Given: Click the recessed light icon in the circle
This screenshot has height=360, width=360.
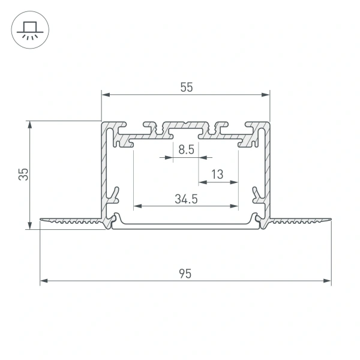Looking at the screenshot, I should pos(29,29).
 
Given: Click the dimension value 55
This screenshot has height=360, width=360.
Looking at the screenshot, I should pos(186,87).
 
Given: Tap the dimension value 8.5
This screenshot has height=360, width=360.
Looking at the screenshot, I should pos(186,150).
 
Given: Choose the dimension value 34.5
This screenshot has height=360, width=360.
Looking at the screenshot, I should pos(186,199).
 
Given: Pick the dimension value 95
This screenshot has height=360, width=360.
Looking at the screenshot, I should pos(185,274).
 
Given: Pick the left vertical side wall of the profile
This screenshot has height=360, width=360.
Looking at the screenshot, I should pos(104,171).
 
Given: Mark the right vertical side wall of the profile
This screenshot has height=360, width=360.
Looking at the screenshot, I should pos(267,171).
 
